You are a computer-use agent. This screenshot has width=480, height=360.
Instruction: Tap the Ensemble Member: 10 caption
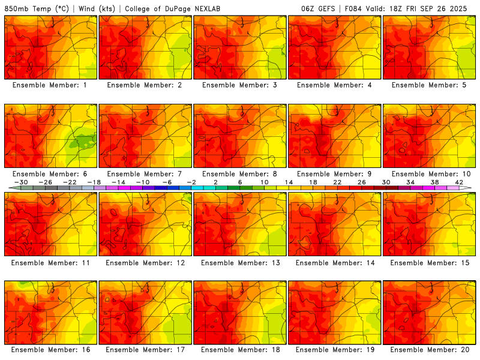tap(429, 174)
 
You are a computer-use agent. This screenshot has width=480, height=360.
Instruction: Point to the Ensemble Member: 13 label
tap(240, 263)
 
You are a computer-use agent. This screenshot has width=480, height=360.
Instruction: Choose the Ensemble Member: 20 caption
tap(429, 350)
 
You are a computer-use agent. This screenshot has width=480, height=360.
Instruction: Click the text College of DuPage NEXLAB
tap(166, 9)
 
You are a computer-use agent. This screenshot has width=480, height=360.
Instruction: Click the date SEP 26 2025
tap(449, 9)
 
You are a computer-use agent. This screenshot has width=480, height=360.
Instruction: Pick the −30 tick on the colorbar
tap(21, 182)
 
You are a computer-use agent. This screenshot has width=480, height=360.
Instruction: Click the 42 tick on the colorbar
tap(459, 182)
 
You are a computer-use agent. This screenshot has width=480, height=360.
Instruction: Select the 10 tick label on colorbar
tap(264, 182)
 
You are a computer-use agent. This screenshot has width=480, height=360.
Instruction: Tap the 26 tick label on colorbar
tap(361, 182)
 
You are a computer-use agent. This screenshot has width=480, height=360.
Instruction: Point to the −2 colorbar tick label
tap(191, 182)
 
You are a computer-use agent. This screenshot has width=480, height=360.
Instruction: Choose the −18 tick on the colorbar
tap(94, 182)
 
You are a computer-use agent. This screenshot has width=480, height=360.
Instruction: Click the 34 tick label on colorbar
tap(410, 182)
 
